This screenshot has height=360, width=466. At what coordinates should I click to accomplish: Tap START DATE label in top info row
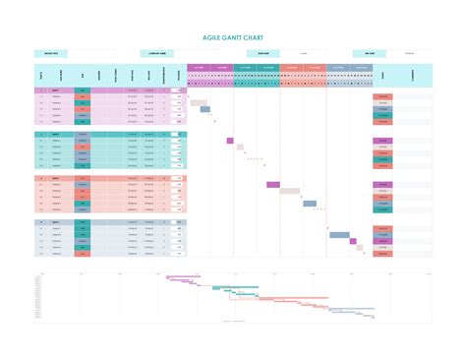click(262, 54)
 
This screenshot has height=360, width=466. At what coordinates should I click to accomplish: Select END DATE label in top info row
click(370, 54)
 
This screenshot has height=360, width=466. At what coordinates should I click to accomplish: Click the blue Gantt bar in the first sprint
click(205, 109)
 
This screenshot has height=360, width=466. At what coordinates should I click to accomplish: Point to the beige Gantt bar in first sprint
click(198, 102)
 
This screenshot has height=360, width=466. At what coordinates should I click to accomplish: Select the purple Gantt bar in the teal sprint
click(230, 141)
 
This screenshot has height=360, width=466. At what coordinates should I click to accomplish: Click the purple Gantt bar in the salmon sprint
click(274, 184)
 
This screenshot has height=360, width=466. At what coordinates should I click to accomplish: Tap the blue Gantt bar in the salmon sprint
click(310, 204)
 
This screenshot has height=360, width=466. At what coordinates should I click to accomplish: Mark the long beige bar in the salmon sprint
click(290, 191)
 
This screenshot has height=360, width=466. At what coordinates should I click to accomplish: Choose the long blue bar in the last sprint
click(339, 235)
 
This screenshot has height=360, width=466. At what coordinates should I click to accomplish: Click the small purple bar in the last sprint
click(358, 248)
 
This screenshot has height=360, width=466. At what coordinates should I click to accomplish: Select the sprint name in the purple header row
click(57, 90)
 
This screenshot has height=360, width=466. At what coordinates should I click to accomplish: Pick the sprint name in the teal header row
click(57, 134)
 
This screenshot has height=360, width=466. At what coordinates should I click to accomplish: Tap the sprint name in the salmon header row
click(57, 178)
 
